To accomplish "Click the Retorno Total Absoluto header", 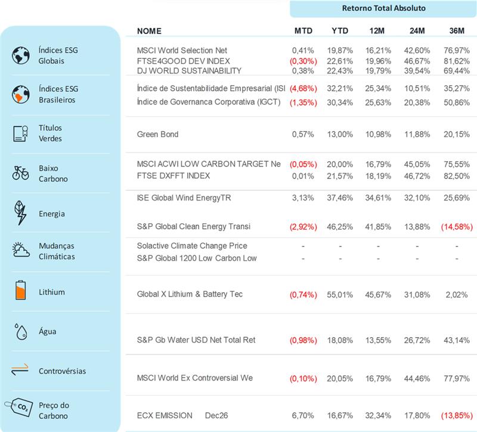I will pos(383,8).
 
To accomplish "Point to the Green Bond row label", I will pos(157,134).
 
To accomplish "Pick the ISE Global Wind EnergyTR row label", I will pos(184,198).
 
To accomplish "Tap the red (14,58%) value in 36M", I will pos(455,227).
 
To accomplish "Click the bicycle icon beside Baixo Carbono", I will pos(21,173).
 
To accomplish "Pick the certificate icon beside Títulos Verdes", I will pos(20,134).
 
